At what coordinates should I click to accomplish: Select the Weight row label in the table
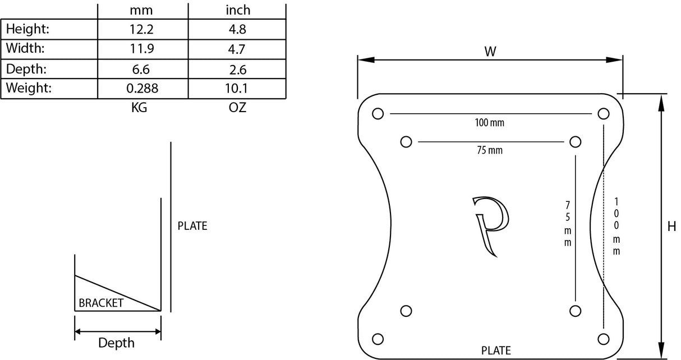tap(29, 88)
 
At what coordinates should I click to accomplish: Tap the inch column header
tap(238, 10)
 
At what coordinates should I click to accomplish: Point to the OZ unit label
tap(238, 108)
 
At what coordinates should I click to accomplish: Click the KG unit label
tap(139, 108)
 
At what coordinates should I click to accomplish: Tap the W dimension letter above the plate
tap(490, 52)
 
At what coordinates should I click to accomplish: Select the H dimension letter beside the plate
tap(671, 227)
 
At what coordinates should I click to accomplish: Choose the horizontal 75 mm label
tap(490, 150)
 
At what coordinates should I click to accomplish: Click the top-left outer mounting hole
tap(378, 114)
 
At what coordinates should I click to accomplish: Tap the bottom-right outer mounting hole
tap(604, 339)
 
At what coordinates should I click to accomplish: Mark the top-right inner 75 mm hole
tap(575, 141)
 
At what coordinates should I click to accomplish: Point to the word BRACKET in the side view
tap(101, 303)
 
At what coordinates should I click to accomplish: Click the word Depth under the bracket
tap(117, 343)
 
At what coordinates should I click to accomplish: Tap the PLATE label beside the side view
tap(192, 227)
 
